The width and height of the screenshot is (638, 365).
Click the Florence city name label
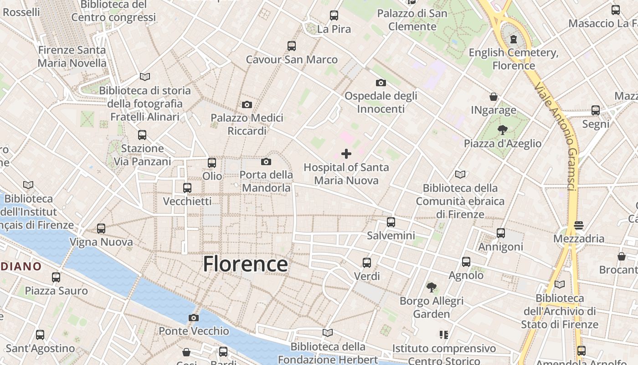245,264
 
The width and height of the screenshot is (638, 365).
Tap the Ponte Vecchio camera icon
194,318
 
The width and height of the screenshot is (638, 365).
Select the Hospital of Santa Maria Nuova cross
346,154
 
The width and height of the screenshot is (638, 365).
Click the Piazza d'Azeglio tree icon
502,130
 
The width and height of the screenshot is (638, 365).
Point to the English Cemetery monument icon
514,39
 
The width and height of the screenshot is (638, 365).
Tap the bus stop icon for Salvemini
391,222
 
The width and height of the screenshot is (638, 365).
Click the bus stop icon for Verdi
367,263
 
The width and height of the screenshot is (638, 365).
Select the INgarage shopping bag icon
493,97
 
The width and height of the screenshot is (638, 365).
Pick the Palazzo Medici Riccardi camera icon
247,104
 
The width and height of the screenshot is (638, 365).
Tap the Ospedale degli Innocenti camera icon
381,83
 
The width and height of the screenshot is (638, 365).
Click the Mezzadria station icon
579,225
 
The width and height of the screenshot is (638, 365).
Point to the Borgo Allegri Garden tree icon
431,287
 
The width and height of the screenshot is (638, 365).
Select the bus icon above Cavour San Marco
292,46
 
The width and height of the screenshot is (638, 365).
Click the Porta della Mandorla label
266,181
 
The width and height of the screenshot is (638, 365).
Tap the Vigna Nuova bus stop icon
101,229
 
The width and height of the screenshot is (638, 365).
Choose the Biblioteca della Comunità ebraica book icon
460,174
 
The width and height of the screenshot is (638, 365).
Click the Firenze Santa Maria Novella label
72,57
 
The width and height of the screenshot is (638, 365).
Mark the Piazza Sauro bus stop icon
56,277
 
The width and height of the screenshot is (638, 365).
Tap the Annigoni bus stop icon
500,233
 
